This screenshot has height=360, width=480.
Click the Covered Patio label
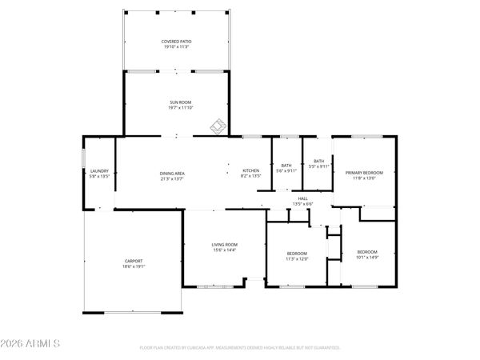click(x=176, y=41)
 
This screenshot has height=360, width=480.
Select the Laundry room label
click(x=99, y=170)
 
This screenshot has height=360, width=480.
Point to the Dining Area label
click(x=173, y=174)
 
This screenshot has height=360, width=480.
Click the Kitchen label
click(x=251, y=170)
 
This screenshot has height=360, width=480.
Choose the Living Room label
click(x=224, y=245)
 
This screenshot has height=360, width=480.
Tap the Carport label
click(x=133, y=261)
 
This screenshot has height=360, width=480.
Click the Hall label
click(x=302, y=198)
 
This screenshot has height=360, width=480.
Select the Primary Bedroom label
click(x=364, y=173)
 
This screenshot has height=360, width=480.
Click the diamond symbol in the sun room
click(x=216, y=125)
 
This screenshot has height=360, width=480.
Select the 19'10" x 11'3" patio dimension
click(x=176, y=47)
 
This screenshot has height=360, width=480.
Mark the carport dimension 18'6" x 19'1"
click(x=133, y=267)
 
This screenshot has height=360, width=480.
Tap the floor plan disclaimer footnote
click(x=240, y=348)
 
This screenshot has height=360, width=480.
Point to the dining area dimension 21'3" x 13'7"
click(x=173, y=179)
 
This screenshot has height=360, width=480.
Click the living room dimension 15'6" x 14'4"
click(x=224, y=250)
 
